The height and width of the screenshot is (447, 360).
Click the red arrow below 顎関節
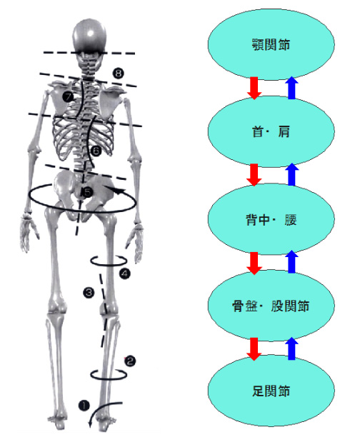254,88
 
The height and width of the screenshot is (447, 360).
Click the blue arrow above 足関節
291,348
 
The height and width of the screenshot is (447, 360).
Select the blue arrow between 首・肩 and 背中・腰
291,175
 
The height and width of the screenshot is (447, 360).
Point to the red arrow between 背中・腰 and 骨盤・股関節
254,262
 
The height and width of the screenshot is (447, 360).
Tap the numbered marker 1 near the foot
84,406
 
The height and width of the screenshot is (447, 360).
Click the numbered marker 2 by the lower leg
130,361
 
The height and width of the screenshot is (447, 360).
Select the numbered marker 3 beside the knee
88,292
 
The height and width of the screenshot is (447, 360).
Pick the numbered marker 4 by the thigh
125,273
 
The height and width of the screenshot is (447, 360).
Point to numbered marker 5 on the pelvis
86,192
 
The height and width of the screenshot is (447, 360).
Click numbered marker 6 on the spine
96,151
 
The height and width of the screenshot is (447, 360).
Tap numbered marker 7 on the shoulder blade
67,96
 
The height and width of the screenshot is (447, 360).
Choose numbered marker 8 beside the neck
118,74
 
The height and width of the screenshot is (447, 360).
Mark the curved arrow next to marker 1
99,413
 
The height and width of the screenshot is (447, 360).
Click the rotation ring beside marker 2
108,373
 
